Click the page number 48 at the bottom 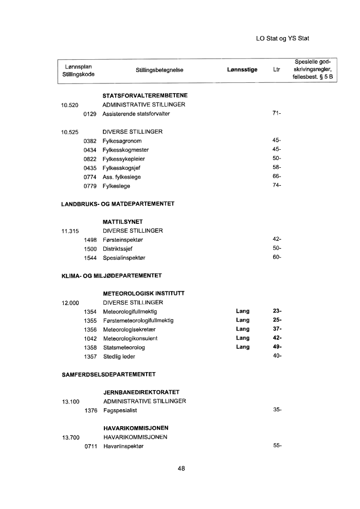(x=181, y=468)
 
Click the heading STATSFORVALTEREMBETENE (x=145, y=96)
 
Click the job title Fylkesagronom (x=122, y=141)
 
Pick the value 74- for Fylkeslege (x=277, y=186)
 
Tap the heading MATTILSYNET (x=122, y=222)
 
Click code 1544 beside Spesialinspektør (x=91, y=257)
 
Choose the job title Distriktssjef (x=118, y=249)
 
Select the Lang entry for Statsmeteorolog (x=242, y=347)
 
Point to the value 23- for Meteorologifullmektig (x=277, y=311)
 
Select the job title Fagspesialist (x=120, y=410)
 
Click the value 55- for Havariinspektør (x=277, y=446)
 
